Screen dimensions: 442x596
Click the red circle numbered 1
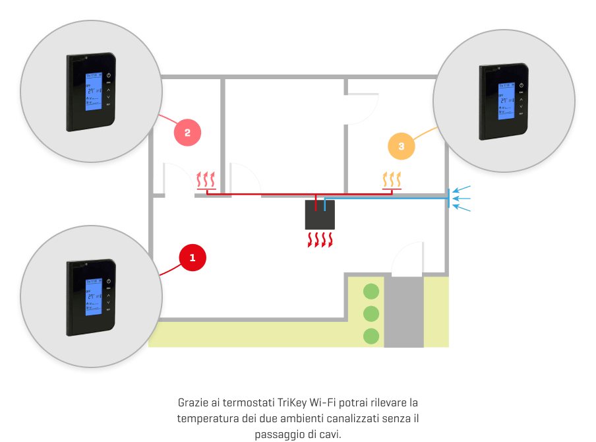[193, 257]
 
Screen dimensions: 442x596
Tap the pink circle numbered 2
[187, 133]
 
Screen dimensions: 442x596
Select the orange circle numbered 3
[402, 146]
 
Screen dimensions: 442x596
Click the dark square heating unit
[320, 215]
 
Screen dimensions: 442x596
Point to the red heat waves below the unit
[320, 239]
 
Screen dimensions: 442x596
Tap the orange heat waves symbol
[392, 179]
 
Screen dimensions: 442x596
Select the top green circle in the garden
[372, 291]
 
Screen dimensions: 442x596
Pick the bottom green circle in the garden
[372, 336]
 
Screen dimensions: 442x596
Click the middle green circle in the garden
[372, 313]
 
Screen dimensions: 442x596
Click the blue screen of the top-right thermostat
[506, 101]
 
